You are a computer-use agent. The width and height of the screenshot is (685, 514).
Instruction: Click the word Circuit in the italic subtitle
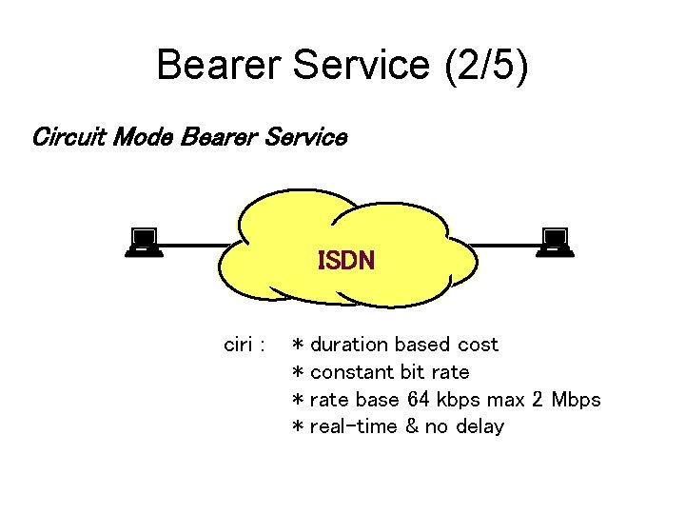68,137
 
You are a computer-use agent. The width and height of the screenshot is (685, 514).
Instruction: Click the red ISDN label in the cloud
345,260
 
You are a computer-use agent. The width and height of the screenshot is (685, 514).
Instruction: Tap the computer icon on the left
144,243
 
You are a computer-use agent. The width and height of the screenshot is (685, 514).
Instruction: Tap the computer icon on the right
554,243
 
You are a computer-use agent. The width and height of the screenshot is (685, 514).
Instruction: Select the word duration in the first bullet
349,345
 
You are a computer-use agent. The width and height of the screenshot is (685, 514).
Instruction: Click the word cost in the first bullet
478,345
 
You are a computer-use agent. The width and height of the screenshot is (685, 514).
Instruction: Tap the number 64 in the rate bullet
419,399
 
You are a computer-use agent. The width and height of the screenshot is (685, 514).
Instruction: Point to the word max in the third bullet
505,399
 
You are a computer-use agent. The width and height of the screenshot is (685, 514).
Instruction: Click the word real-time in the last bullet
353,426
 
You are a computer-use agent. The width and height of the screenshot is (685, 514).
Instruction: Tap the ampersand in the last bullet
412,426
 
